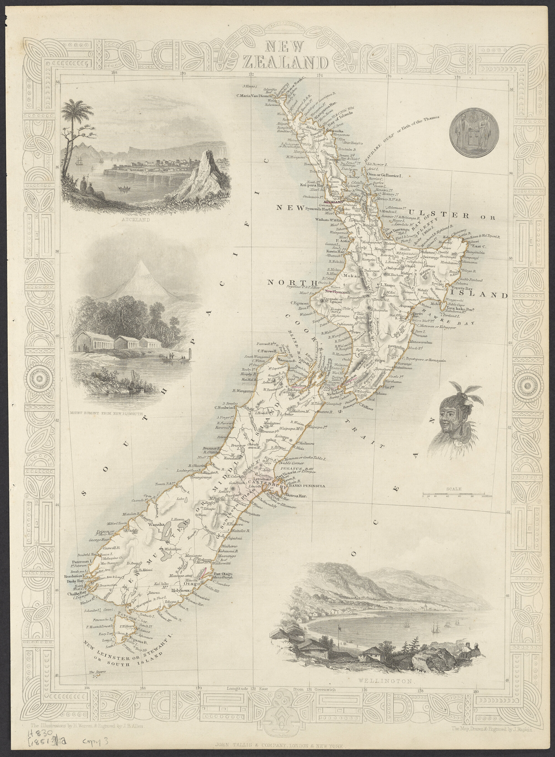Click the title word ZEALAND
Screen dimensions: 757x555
coord(285,62)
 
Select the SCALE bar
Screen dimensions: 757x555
coord(453,496)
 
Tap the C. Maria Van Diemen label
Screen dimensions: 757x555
coord(254,96)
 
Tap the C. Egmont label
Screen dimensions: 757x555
coord(299,303)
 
